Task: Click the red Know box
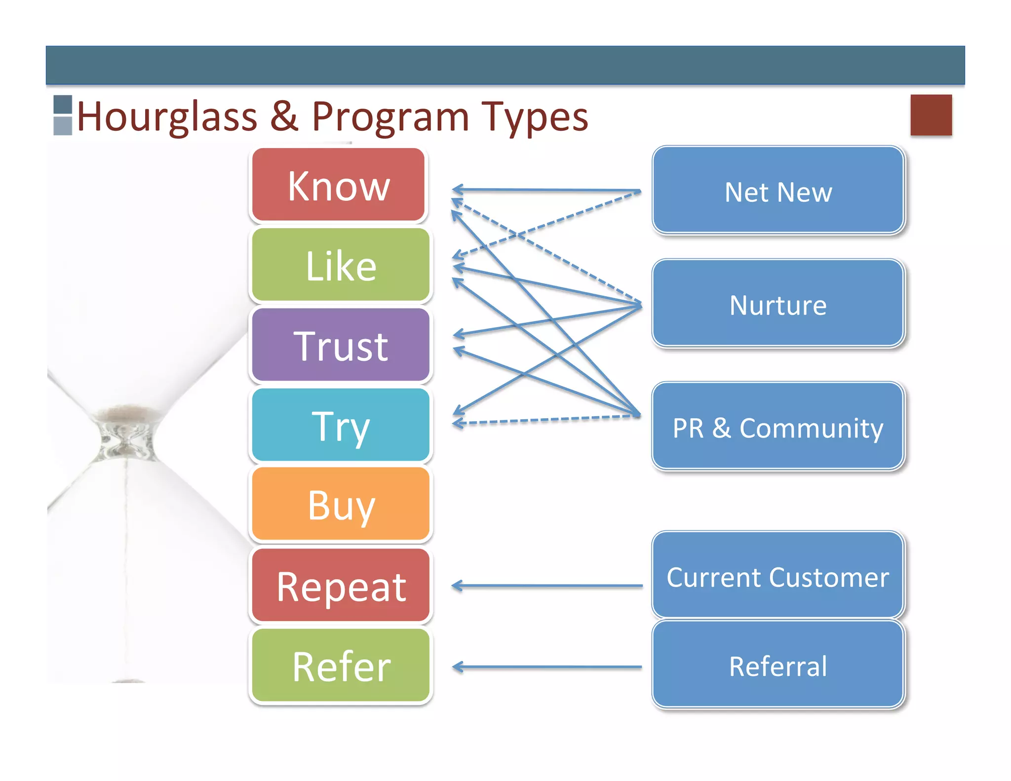pos(339,185)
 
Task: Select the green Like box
pos(341,265)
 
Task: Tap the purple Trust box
pos(341,345)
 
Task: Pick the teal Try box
pos(341,425)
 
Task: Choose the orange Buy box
pos(341,504)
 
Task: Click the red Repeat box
pos(341,586)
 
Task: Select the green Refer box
pos(341,665)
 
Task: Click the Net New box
pos(778,191)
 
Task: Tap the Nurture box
pos(778,304)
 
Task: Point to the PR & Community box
pos(778,427)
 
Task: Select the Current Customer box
pos(778,576)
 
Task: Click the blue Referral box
pos(778,665)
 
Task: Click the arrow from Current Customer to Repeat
pos(548,586)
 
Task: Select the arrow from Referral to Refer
pos(548,667)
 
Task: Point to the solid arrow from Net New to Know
pos(548,190)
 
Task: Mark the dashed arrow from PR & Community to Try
pos(548,420)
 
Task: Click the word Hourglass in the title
pos(167,117)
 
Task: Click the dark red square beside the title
pos(931,115)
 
